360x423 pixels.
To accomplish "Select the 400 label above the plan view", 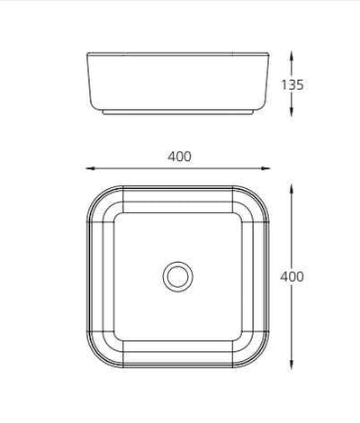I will [179, 156].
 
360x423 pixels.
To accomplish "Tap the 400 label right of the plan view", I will [292, 276].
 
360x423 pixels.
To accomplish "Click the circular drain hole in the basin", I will [177, 274].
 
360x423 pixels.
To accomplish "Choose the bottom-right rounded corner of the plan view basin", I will [258, 358].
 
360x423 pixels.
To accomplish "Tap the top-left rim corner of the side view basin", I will [86, 56].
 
